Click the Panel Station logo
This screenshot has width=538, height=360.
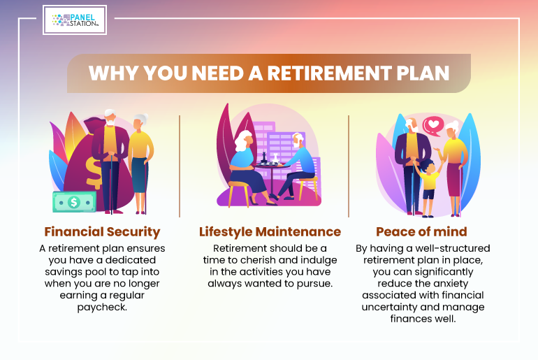75,20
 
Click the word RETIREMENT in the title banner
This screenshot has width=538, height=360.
329,73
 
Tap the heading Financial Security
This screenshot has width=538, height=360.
102,232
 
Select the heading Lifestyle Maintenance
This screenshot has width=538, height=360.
270,232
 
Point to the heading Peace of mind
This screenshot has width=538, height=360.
422,231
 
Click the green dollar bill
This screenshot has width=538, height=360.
74,202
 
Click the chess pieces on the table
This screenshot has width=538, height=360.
269,158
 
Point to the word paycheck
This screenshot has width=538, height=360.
102,307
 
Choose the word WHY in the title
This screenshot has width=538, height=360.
114,73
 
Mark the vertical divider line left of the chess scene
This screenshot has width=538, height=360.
180,166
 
